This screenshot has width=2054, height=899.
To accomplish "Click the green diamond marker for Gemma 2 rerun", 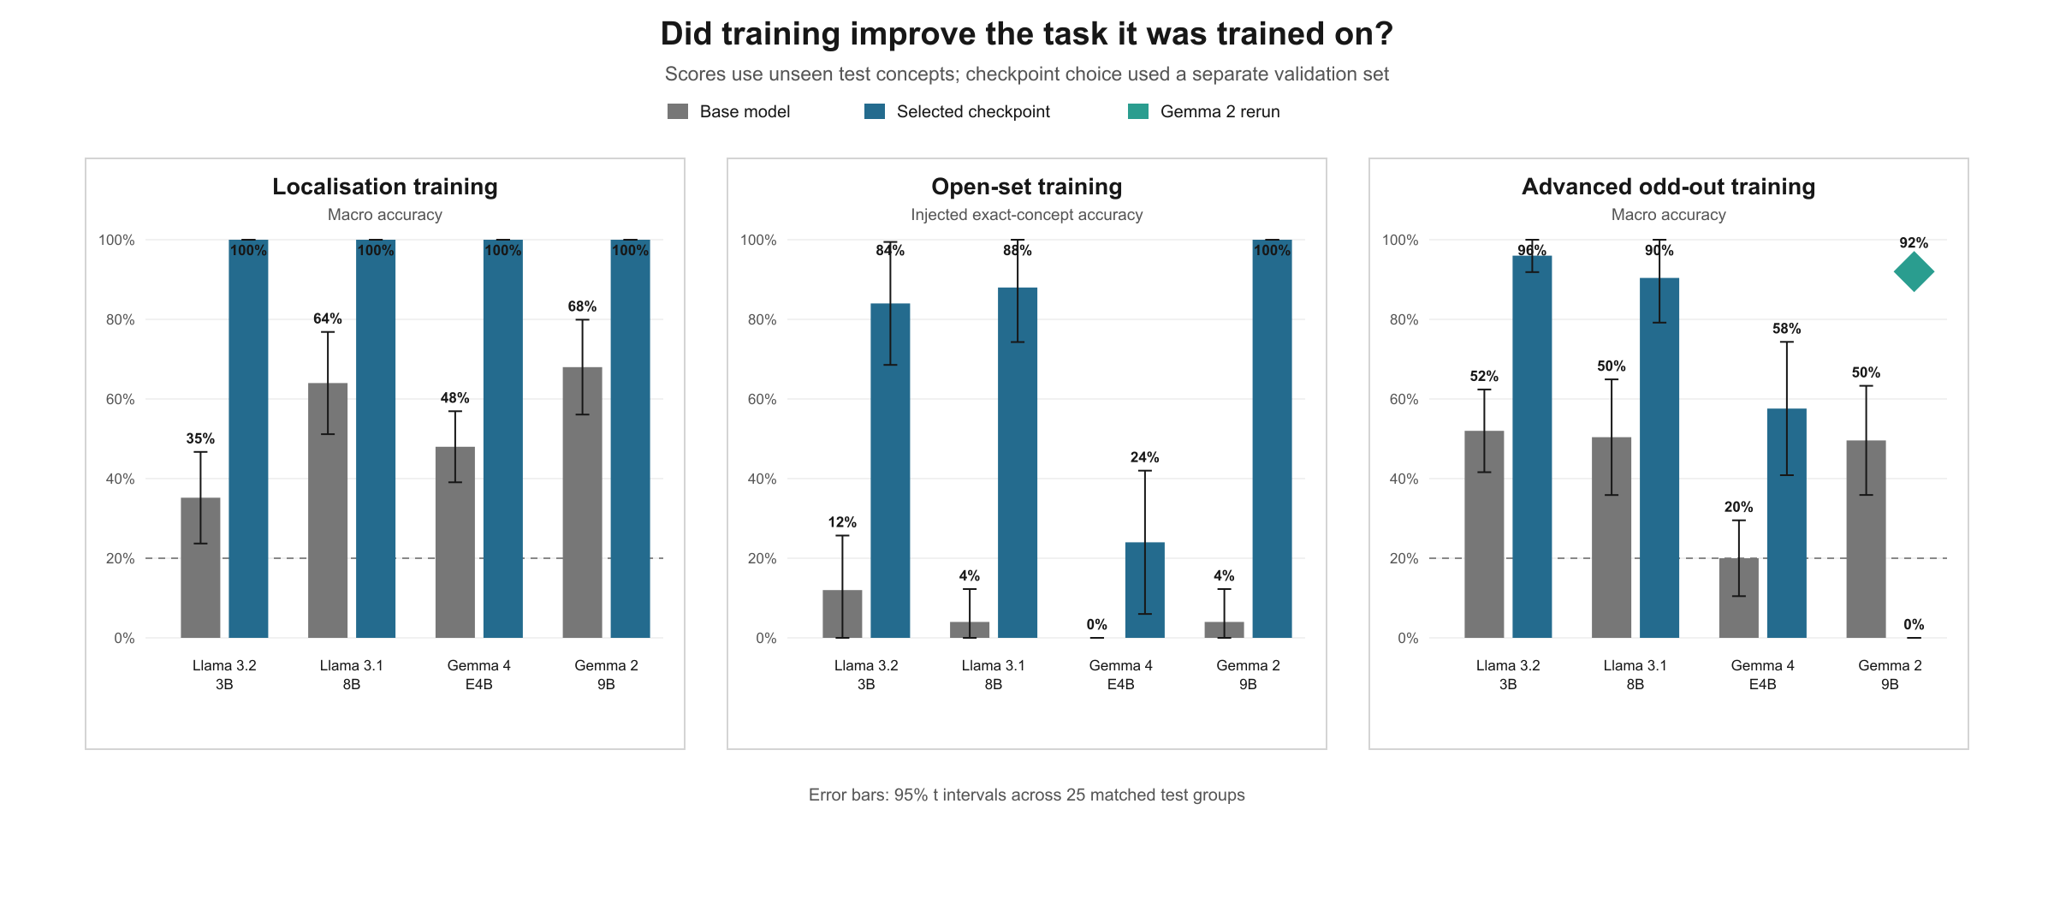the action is coord(1914,272).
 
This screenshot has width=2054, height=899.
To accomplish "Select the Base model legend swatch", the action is coord(678,111).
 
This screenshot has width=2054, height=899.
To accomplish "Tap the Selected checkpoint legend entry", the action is coord(957,111).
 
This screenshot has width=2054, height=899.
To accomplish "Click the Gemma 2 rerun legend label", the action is coord(1220,111).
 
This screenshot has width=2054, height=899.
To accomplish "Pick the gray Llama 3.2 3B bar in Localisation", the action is coord(200,568).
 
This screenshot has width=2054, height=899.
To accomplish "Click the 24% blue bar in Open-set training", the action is coord(1145,590).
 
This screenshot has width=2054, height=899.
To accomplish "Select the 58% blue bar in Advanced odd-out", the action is coord(1787,523).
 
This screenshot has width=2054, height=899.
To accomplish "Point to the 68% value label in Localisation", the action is coord(582,307).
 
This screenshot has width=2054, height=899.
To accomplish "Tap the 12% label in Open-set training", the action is coord(842,522).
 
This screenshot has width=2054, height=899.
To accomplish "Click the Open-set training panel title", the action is coord(1026,187).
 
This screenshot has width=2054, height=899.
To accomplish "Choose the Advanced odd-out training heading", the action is coord(1668,187).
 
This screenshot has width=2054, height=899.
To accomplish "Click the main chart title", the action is coord(1027,34).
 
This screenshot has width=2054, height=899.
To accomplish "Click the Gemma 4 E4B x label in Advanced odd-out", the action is coord(1762,675).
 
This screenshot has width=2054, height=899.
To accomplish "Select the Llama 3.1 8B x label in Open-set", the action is coord(993,675).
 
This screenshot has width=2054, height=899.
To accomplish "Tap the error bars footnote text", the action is coord(1027,795).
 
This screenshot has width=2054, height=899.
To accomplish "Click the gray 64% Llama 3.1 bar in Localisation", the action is coord(328,510).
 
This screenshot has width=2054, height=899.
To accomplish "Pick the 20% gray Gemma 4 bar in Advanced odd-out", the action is coord(1739,598).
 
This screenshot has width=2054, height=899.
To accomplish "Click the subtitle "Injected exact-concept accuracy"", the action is coord(1026,215).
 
